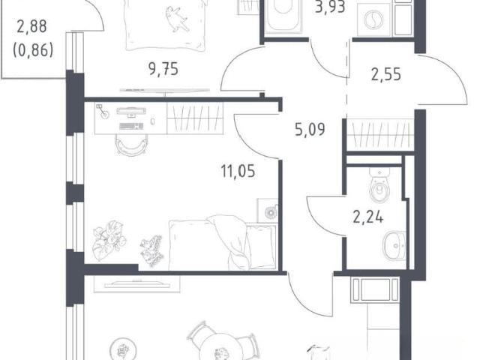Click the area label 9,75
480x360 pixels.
pos(163,69)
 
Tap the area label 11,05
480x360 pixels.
pos(238,171)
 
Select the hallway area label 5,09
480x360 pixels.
pos(310,129)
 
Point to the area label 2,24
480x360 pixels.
pos(368,217)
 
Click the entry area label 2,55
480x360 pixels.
pos(386,74)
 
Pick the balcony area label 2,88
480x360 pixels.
pos(31,26)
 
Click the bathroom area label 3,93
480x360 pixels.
pos(330,7)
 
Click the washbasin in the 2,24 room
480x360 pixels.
pos(394,246)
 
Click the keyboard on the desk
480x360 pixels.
pos(131,126)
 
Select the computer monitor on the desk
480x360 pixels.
pos(131,112)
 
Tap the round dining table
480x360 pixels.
pos(221,349)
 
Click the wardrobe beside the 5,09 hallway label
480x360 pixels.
pos(380,135)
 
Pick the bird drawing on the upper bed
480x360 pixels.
pos(177,19)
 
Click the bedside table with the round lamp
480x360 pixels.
pos(267,211)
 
